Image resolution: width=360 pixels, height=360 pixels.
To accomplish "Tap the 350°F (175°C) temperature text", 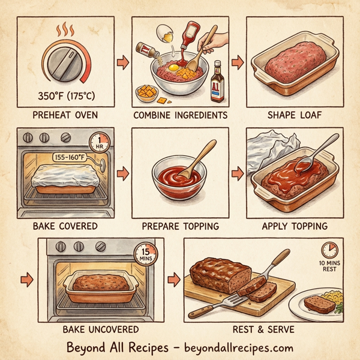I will click(64, 95).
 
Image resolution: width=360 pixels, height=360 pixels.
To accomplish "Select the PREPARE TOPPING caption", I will click(180, 227).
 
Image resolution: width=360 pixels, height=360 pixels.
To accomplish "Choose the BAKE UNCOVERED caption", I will click(100, 329).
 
